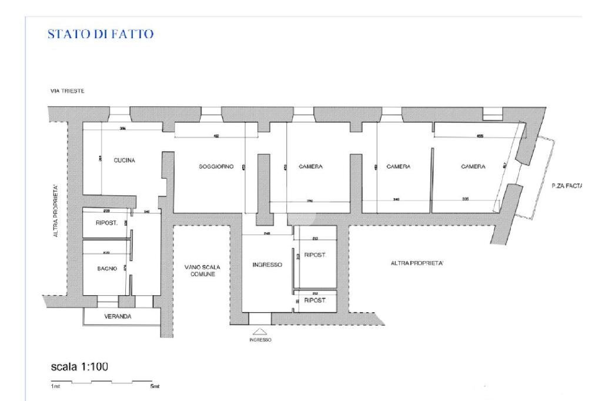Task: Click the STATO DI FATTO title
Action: [101, 35]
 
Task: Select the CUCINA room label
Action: [125, 161]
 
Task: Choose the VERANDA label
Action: [118, 316]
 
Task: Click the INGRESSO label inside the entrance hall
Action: [267, 265]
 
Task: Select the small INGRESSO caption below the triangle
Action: [260, 340]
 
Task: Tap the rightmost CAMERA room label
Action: [473, 166]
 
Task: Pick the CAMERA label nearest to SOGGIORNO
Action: [310, 166]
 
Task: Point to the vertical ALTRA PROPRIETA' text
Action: [56, 210]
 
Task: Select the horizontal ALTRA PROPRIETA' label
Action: [417, 263]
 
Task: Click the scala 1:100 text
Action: [79, 367]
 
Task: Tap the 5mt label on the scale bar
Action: [155, 386]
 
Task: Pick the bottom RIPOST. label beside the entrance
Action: [315, 300]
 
